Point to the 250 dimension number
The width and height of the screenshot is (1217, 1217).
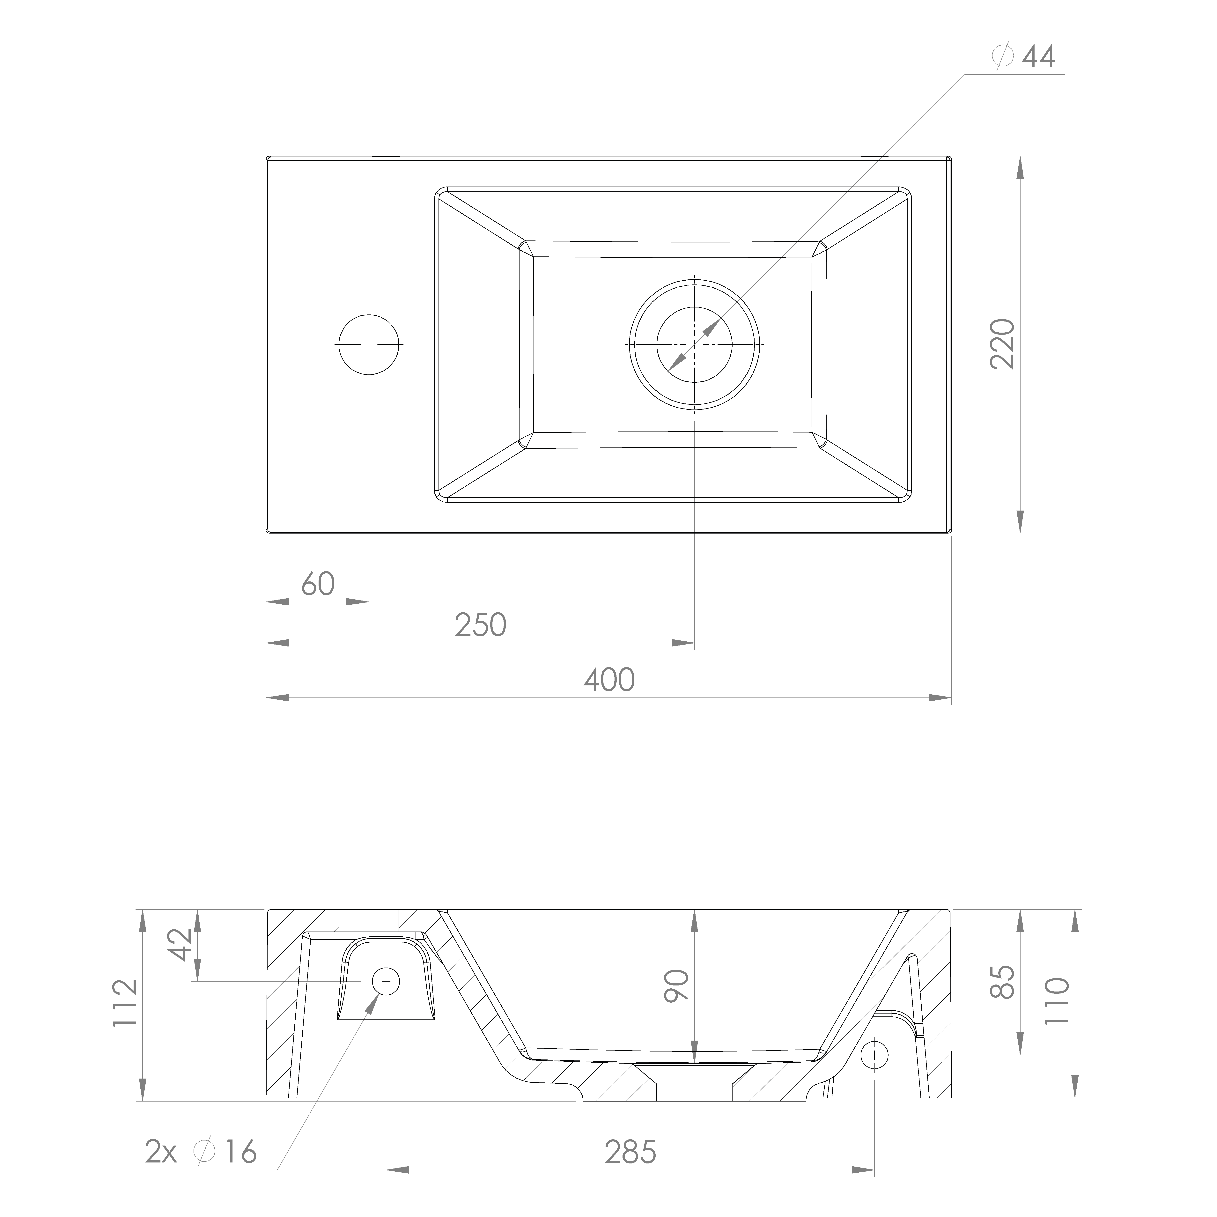[x=481, y=625]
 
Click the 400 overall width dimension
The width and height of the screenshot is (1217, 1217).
[x=609, y=680]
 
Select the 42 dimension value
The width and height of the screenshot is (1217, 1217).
[x=181, y=945]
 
